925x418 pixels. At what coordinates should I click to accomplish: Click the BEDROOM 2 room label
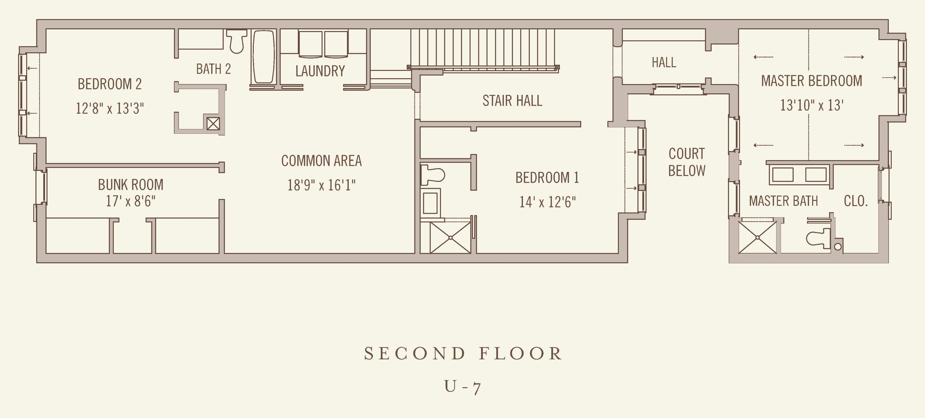pyautogui.click(x=109, y=84)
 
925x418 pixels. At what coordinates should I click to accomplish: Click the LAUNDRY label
pyautogui.click(x=320, y=71)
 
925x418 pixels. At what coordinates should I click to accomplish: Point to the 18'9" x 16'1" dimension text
pyautogui.click(x=321, y=185)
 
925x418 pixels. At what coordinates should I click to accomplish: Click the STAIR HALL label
pyautogui.click(x=512, y=101)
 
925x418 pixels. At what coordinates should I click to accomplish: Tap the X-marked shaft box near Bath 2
pyautogui.click(x=213, y=124)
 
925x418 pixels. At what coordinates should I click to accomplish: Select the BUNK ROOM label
pyautogui.click(x=131, y=185)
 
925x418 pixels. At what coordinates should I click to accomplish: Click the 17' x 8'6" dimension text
pyautogui.click(x=131, y=201)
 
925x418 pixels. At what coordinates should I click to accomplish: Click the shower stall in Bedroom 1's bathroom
pyautogui.click(x=450, y=237)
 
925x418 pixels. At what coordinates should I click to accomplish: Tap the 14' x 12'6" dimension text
pyautogui.click(x=547, y=202)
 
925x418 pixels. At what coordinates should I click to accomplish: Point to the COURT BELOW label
pyautogui.click(x=687, y=162)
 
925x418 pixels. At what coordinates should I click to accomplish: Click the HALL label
pyautogui.click(x=664, y=63)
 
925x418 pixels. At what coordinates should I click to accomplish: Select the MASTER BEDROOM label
pyautogui.click(x=812, y=81)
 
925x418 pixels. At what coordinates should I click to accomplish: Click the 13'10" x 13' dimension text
pyautogui.click(x=812, y=105)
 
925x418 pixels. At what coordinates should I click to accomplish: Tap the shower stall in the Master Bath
pyautogui.click(x=757, y=237)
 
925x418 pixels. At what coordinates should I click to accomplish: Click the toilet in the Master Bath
pyautogui.click(x=819, y=238)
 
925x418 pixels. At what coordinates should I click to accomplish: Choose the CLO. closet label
pyautogui.click(x=856, y=201)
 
